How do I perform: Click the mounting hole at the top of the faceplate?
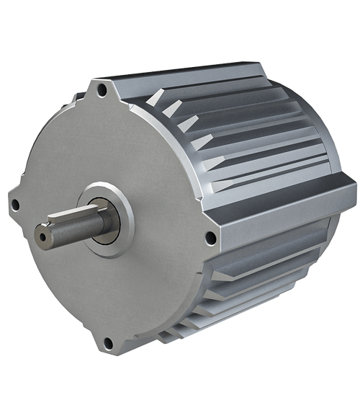103,90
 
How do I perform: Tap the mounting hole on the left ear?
14,205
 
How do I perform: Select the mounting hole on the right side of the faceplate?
210,237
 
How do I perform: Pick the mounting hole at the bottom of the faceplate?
107,342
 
